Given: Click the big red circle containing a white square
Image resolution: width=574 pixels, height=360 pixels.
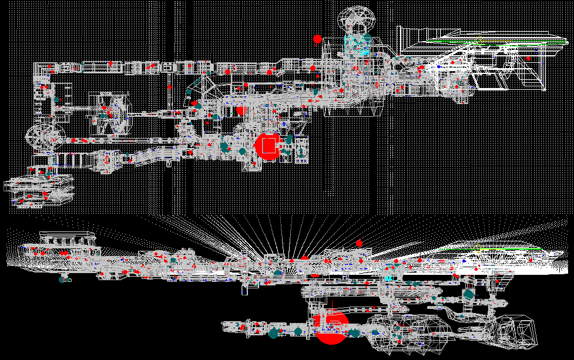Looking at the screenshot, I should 268,146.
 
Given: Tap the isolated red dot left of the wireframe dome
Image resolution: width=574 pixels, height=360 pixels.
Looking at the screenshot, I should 317,39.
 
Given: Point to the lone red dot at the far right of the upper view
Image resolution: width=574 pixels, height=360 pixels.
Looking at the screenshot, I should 528,58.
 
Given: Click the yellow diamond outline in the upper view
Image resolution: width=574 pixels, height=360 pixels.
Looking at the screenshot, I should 479,40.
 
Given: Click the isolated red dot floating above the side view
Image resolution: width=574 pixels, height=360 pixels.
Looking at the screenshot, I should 359,243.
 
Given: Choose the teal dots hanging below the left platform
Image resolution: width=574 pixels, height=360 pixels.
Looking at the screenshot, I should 63,279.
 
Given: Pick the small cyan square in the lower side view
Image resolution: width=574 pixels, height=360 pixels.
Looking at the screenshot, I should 388,277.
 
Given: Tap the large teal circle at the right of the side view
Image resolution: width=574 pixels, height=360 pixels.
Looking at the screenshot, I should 468,294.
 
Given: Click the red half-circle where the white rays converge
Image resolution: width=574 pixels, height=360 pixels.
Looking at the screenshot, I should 304,257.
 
